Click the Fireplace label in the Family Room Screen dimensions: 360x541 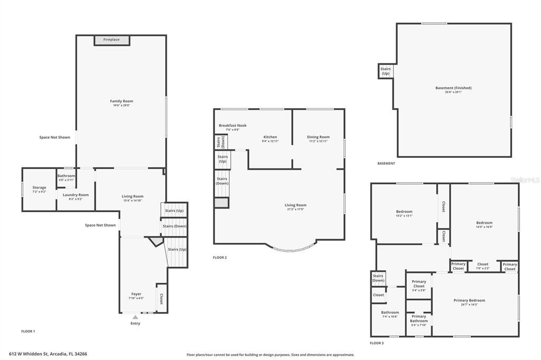(x=111, y=40)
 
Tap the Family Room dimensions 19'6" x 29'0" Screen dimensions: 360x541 (x=122, y=106)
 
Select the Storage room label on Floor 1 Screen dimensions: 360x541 (x=39, y=187)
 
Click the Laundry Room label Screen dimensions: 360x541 (x=76, y=195)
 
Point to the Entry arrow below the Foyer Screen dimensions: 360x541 (x=135, y=317)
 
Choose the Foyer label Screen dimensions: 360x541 (x=136, y=294)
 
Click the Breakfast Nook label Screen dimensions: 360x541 (x=232, y=126)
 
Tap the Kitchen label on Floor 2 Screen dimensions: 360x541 (x=269, y=137)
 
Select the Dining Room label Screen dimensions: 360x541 (x=318, y=137)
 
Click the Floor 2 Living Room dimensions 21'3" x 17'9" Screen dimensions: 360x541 (x=295, y=209)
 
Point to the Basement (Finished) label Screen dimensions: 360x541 (x=453, y=88)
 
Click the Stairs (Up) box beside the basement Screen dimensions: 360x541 (x=385, y=71)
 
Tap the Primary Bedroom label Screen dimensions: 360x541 (x=469, y=300)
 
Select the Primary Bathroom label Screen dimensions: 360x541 (x=419, y=318)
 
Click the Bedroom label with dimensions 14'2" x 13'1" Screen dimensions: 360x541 (x=404, y=212)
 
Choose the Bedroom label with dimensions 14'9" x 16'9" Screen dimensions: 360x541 (x=484, y=223)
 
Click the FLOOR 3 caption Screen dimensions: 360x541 (x=377, y=343)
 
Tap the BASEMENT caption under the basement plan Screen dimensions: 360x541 (x=386, y=164)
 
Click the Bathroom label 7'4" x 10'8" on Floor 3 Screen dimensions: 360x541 (x=390, y=312)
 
